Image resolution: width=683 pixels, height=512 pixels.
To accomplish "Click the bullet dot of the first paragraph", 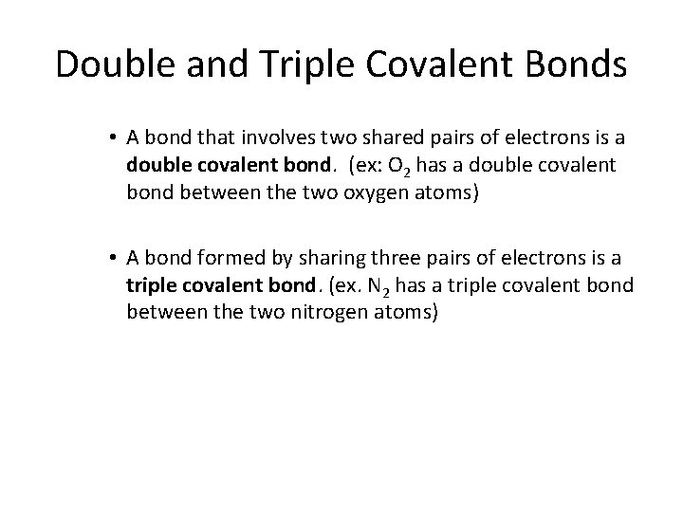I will (x=113, y=138).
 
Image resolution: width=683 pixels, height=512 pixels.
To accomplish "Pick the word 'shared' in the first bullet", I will (x=381, y=138).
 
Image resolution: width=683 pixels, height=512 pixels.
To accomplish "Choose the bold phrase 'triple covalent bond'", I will (x=199, y=286).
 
